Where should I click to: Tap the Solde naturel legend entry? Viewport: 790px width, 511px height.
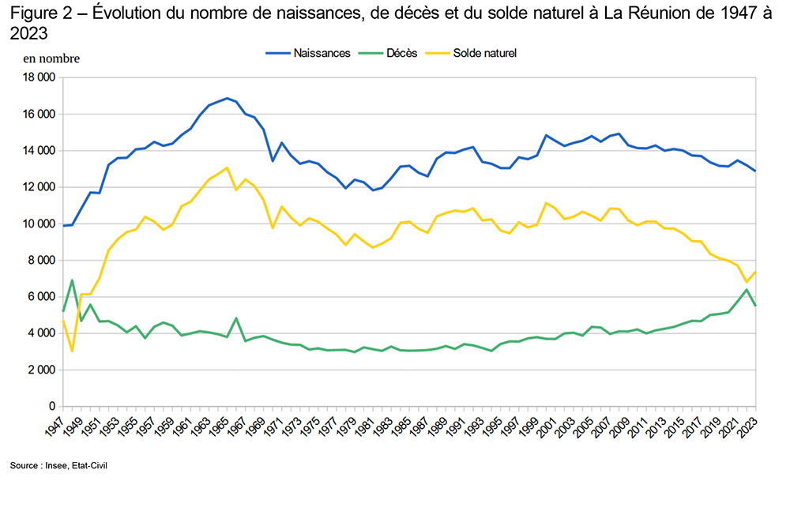click(x=484, y=53)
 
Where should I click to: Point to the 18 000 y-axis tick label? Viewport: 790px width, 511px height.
click(x=39, y=77)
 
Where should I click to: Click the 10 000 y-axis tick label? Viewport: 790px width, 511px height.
click(x=39, y=224)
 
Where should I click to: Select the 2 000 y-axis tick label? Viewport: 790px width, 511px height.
click(x=41, y=370)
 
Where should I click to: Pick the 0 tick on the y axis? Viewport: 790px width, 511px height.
click(x=51, y=406)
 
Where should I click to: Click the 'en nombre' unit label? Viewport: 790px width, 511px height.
click(x=51, y=58)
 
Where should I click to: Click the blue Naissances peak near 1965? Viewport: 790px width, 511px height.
click(x=227, y=99)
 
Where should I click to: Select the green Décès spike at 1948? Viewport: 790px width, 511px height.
click(x=73, y=280)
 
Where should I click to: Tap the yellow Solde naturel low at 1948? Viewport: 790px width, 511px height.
click(x=73, y=351)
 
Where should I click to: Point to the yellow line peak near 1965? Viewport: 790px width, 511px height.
click(x=227, y=167)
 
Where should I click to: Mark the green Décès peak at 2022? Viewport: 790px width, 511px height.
click(x=747, y=289)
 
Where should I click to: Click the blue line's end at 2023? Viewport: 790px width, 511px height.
click(x=755, y=171)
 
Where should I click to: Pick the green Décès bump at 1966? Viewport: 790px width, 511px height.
click(x=236, y=318)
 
